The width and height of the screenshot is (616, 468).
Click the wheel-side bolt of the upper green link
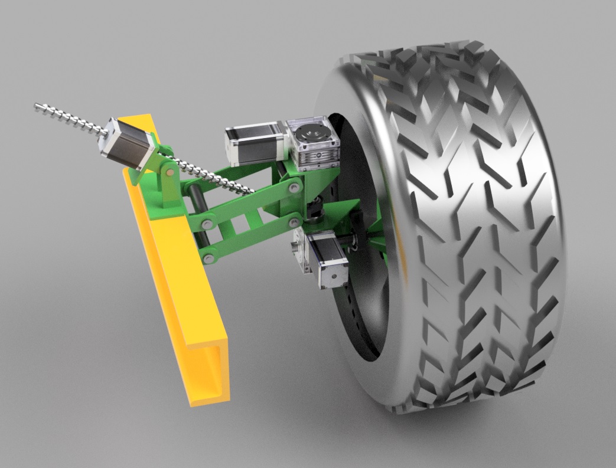coord(293,189)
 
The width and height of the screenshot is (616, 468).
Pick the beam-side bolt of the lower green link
coord(208,258)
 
